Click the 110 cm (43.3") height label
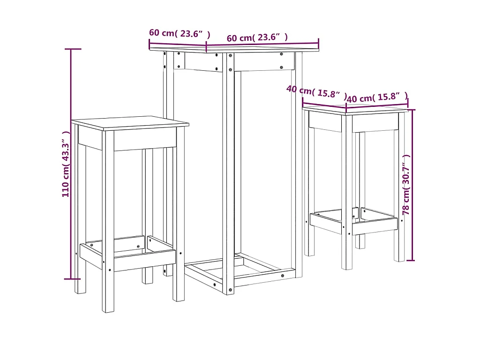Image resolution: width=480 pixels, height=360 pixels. tap(66, 164)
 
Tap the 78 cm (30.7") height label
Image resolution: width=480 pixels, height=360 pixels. tap(406, 185)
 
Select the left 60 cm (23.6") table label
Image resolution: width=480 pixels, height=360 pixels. tap(180, 33)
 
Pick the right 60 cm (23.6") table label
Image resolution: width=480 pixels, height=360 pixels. tap(257, 37)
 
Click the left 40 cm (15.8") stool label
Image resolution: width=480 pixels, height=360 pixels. tap(316, 91)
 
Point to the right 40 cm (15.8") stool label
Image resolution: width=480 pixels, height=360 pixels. tap(377, 97)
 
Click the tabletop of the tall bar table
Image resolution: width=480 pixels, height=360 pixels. tap(234, 49)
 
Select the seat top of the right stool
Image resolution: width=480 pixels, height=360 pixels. tap(356, 110)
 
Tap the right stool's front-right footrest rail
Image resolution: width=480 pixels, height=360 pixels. tap(375, 226)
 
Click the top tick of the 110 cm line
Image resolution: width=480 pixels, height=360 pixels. tap(72, 49)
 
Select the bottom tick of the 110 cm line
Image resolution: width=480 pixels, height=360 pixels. tap(72, 279)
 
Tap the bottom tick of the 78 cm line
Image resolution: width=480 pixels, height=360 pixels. tap(412, 260)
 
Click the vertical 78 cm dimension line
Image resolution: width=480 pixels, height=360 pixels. tap(412, 141)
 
